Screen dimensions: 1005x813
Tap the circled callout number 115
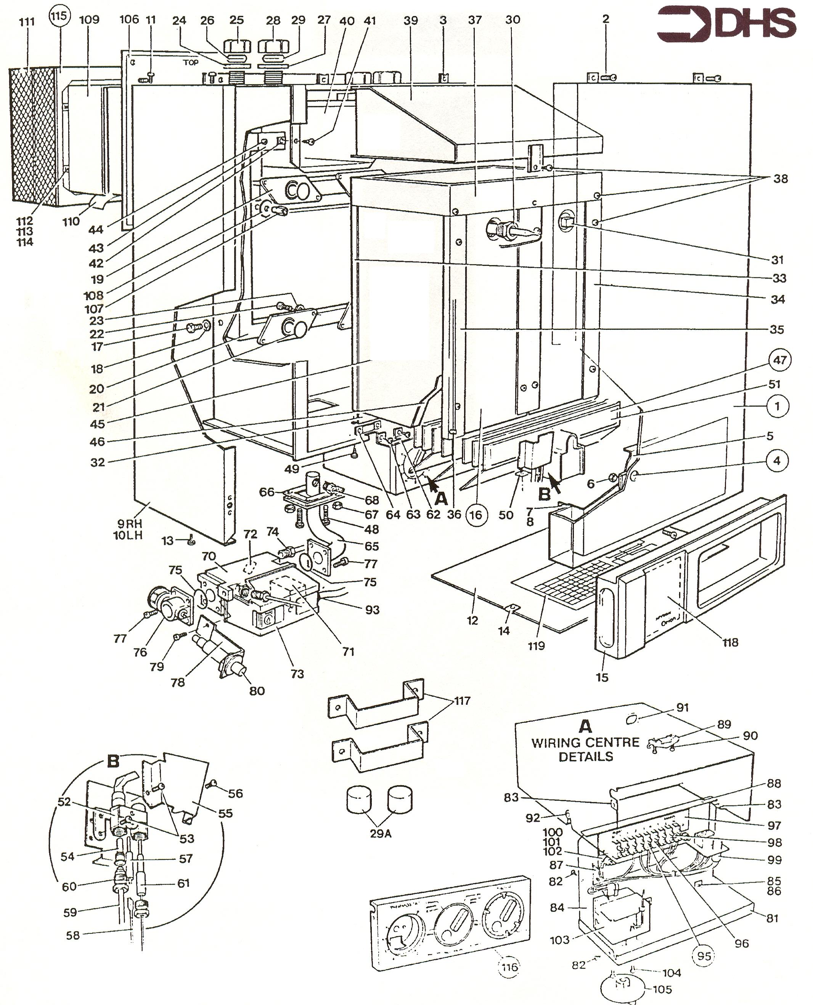[59, 17]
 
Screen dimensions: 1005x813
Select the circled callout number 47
[780, 360]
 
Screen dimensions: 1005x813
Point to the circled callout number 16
[476, 515]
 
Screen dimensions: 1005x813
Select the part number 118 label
[730, 642]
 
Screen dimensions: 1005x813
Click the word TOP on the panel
[191, 62]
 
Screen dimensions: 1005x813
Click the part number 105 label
[662, 989]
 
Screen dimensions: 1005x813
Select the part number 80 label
[257, 691]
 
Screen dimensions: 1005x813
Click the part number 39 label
[411, 20]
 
